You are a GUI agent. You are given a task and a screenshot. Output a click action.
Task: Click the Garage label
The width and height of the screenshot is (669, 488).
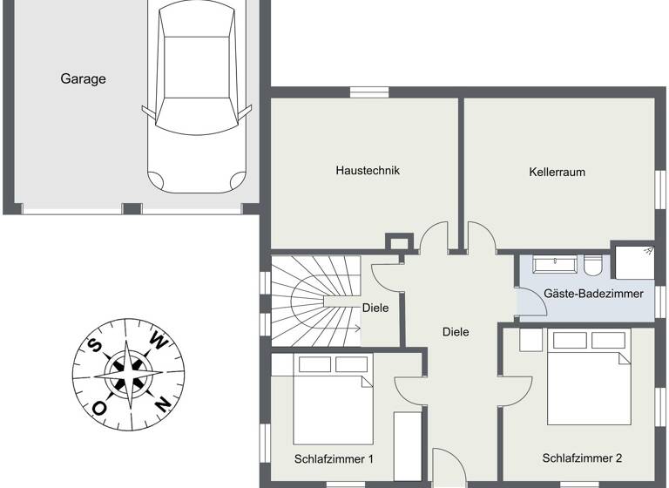pos(83,79)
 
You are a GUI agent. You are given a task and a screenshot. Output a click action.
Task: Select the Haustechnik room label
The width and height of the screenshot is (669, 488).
pos(368,171)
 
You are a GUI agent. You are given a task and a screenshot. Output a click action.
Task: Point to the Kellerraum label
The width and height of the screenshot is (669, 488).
pos(557,172)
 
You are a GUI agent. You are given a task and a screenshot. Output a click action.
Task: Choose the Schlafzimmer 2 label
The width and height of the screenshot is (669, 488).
pos(582,457)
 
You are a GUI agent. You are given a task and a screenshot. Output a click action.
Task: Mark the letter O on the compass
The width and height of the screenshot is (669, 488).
pos(100,407)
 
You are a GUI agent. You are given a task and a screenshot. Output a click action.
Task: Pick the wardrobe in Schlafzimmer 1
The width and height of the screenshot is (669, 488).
pos(406,444)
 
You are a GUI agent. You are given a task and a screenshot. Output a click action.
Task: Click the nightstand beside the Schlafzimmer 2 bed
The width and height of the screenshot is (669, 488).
pos(530,339)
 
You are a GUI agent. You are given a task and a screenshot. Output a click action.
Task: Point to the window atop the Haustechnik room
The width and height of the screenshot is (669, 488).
pos(369,91)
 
